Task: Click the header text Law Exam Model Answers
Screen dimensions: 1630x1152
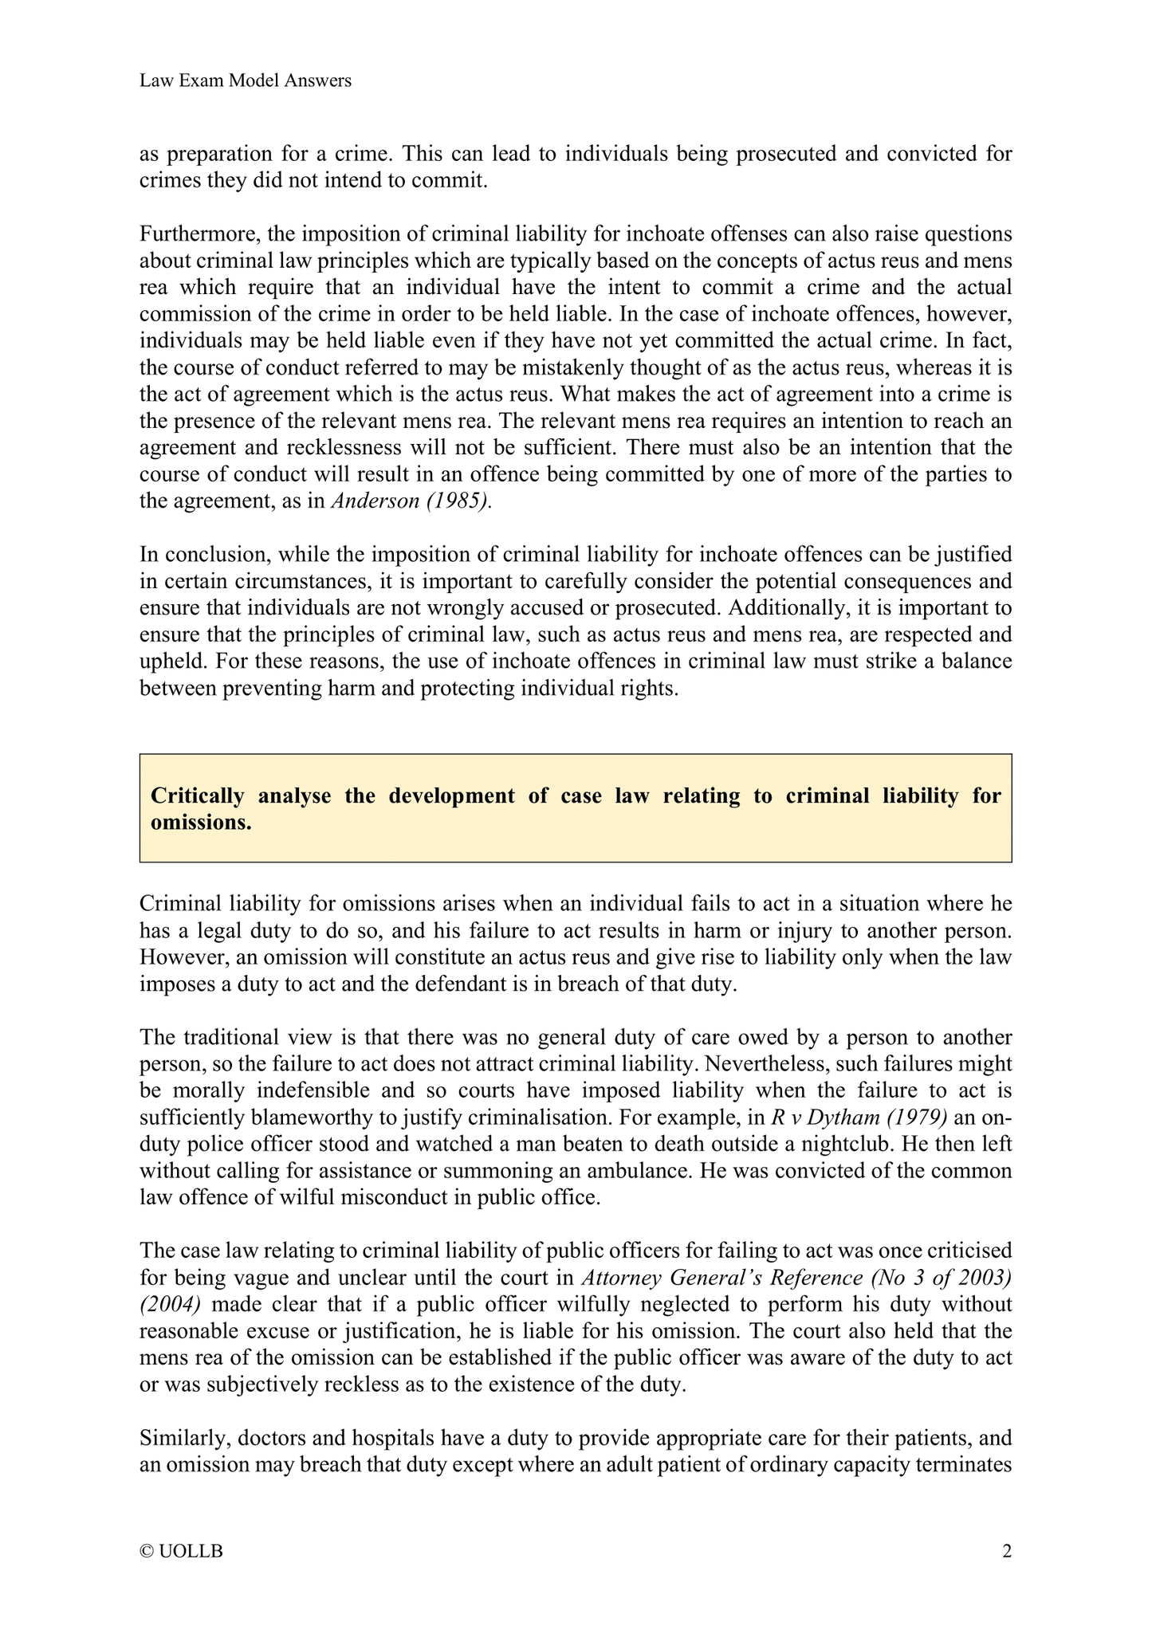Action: [245, 81]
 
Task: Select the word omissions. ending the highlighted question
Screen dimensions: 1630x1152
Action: [201, 823]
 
